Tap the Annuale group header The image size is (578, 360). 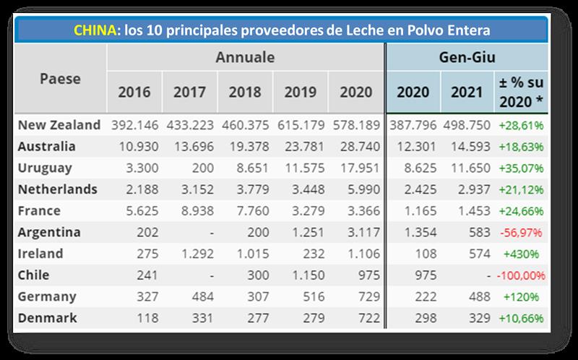[245, 57]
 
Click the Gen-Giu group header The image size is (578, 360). [467, 57]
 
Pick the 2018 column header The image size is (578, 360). [245, 92]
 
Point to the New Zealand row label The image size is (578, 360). [59, 125]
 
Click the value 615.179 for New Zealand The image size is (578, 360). [300, 125]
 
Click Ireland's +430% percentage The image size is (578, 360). [522, 254]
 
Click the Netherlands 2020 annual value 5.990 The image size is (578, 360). [358, 189]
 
